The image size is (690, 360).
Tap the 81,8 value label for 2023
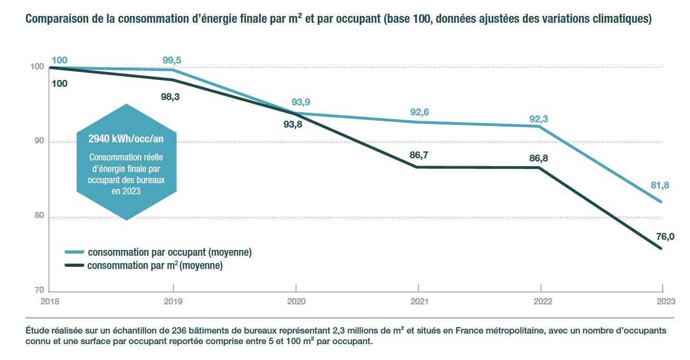click(659, 185)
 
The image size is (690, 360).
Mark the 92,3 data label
click(538, 119)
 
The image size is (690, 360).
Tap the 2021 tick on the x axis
click(418, 301)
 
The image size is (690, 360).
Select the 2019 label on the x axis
click(173, 301)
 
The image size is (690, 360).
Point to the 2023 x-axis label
click(666, 301)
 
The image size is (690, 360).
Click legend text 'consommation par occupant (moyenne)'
click(169, 252)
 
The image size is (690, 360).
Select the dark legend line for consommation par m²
click(74, 265)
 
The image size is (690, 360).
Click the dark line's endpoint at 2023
click(661, 249)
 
